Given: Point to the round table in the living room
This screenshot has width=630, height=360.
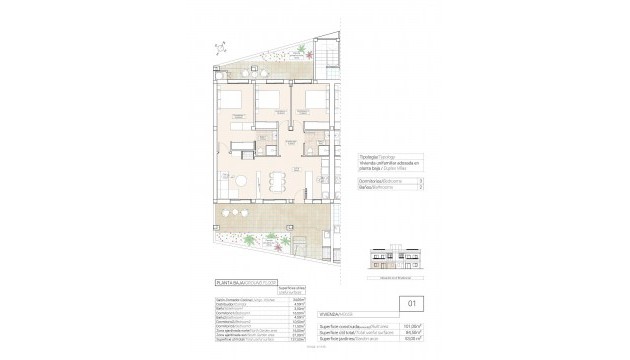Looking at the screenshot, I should click(x=240, y=179).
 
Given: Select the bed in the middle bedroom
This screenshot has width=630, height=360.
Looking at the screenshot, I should click(x=268, y=102).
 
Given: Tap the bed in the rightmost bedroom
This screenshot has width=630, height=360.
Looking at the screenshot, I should click(x=313, y=102).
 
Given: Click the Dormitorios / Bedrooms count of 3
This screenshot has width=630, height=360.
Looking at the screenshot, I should click(x=422, y=180).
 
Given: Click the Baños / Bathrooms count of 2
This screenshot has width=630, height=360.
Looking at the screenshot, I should click(x=422, y=187).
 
